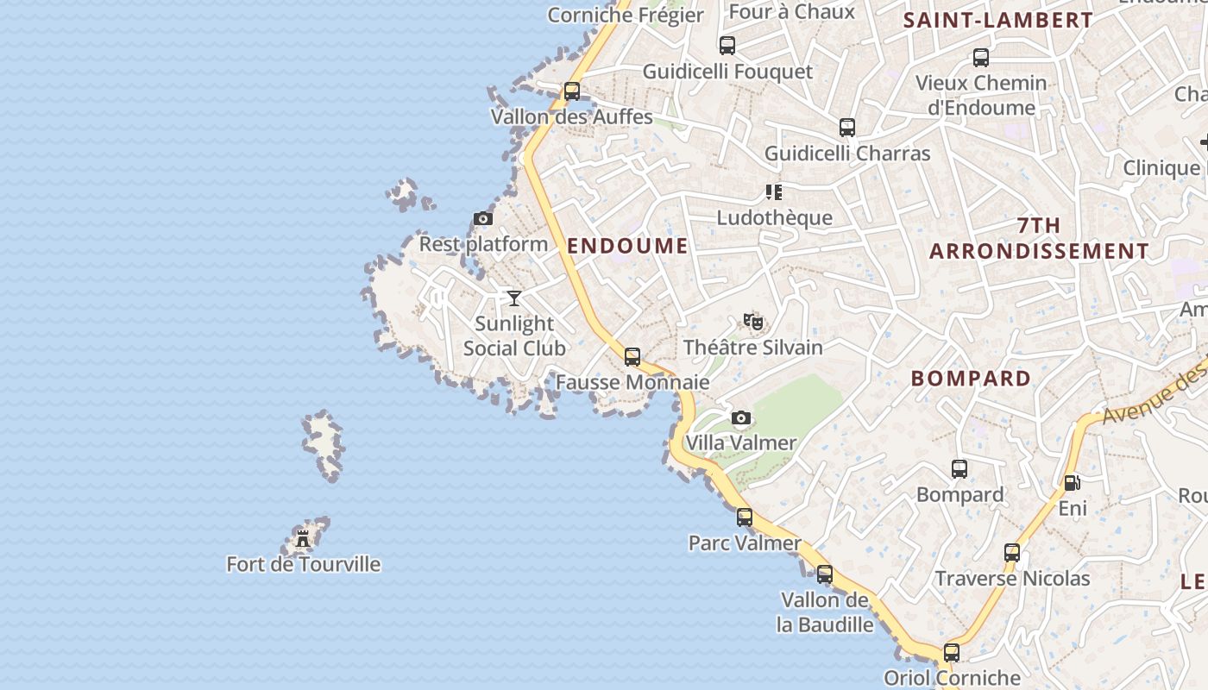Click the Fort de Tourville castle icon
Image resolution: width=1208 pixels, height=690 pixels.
[302, 539]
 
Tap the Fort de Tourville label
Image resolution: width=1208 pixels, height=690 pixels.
[303, 564]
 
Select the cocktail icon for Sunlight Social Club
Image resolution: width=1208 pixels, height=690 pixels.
[514, 298]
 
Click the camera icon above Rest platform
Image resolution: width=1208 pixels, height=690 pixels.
[483, 219]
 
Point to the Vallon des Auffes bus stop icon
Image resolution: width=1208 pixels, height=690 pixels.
[571, 91]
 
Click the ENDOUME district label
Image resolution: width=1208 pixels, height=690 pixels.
[627, 246]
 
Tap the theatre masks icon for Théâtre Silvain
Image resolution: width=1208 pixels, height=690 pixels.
[753, 322]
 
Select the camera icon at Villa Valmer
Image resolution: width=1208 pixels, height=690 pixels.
[740, 418]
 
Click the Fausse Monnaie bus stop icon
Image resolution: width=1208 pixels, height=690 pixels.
[632, 356]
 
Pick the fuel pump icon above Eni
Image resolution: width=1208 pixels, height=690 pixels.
[1072, 483]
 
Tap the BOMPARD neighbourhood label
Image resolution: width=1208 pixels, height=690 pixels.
[971, 379]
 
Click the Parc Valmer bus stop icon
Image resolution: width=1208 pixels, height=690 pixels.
[745, 517]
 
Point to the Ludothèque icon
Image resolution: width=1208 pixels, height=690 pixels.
[773, 192]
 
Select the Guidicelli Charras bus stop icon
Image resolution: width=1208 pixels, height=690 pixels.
[847, 128]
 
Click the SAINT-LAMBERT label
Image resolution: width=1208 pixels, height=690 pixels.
[997, 21]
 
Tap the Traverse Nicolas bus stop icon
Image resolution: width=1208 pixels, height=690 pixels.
[1012, 553]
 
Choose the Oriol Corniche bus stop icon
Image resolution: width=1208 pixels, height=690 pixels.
[952, 653]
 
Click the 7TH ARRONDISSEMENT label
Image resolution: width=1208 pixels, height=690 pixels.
[1039, 239]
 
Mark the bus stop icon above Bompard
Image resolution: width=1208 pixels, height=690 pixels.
[959, 469]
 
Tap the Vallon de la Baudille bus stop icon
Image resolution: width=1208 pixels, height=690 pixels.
[825, 574]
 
